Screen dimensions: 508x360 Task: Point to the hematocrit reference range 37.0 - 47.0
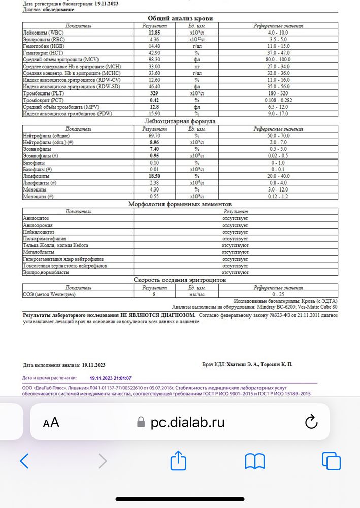click(x=278, y=52)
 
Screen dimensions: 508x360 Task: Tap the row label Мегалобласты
click(x=40, y=252)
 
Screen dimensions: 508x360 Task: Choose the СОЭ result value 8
click(x=154, y=294)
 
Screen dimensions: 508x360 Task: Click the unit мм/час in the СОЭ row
click(x=197, y=294)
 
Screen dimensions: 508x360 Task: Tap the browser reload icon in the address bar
click(x=310, y=422)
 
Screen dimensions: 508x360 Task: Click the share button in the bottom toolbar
click(x=178, y=461)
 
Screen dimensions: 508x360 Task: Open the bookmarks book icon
click(x=255, y=461)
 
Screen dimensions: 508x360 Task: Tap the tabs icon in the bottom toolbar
click(x=331, y=461)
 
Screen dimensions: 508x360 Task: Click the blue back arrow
click(x=24, y=461)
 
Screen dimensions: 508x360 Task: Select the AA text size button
click(x=51, y=422)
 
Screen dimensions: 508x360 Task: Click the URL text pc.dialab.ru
click(x=187, y=422)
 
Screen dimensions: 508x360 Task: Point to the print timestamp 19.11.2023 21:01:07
click(x=111, y=378)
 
